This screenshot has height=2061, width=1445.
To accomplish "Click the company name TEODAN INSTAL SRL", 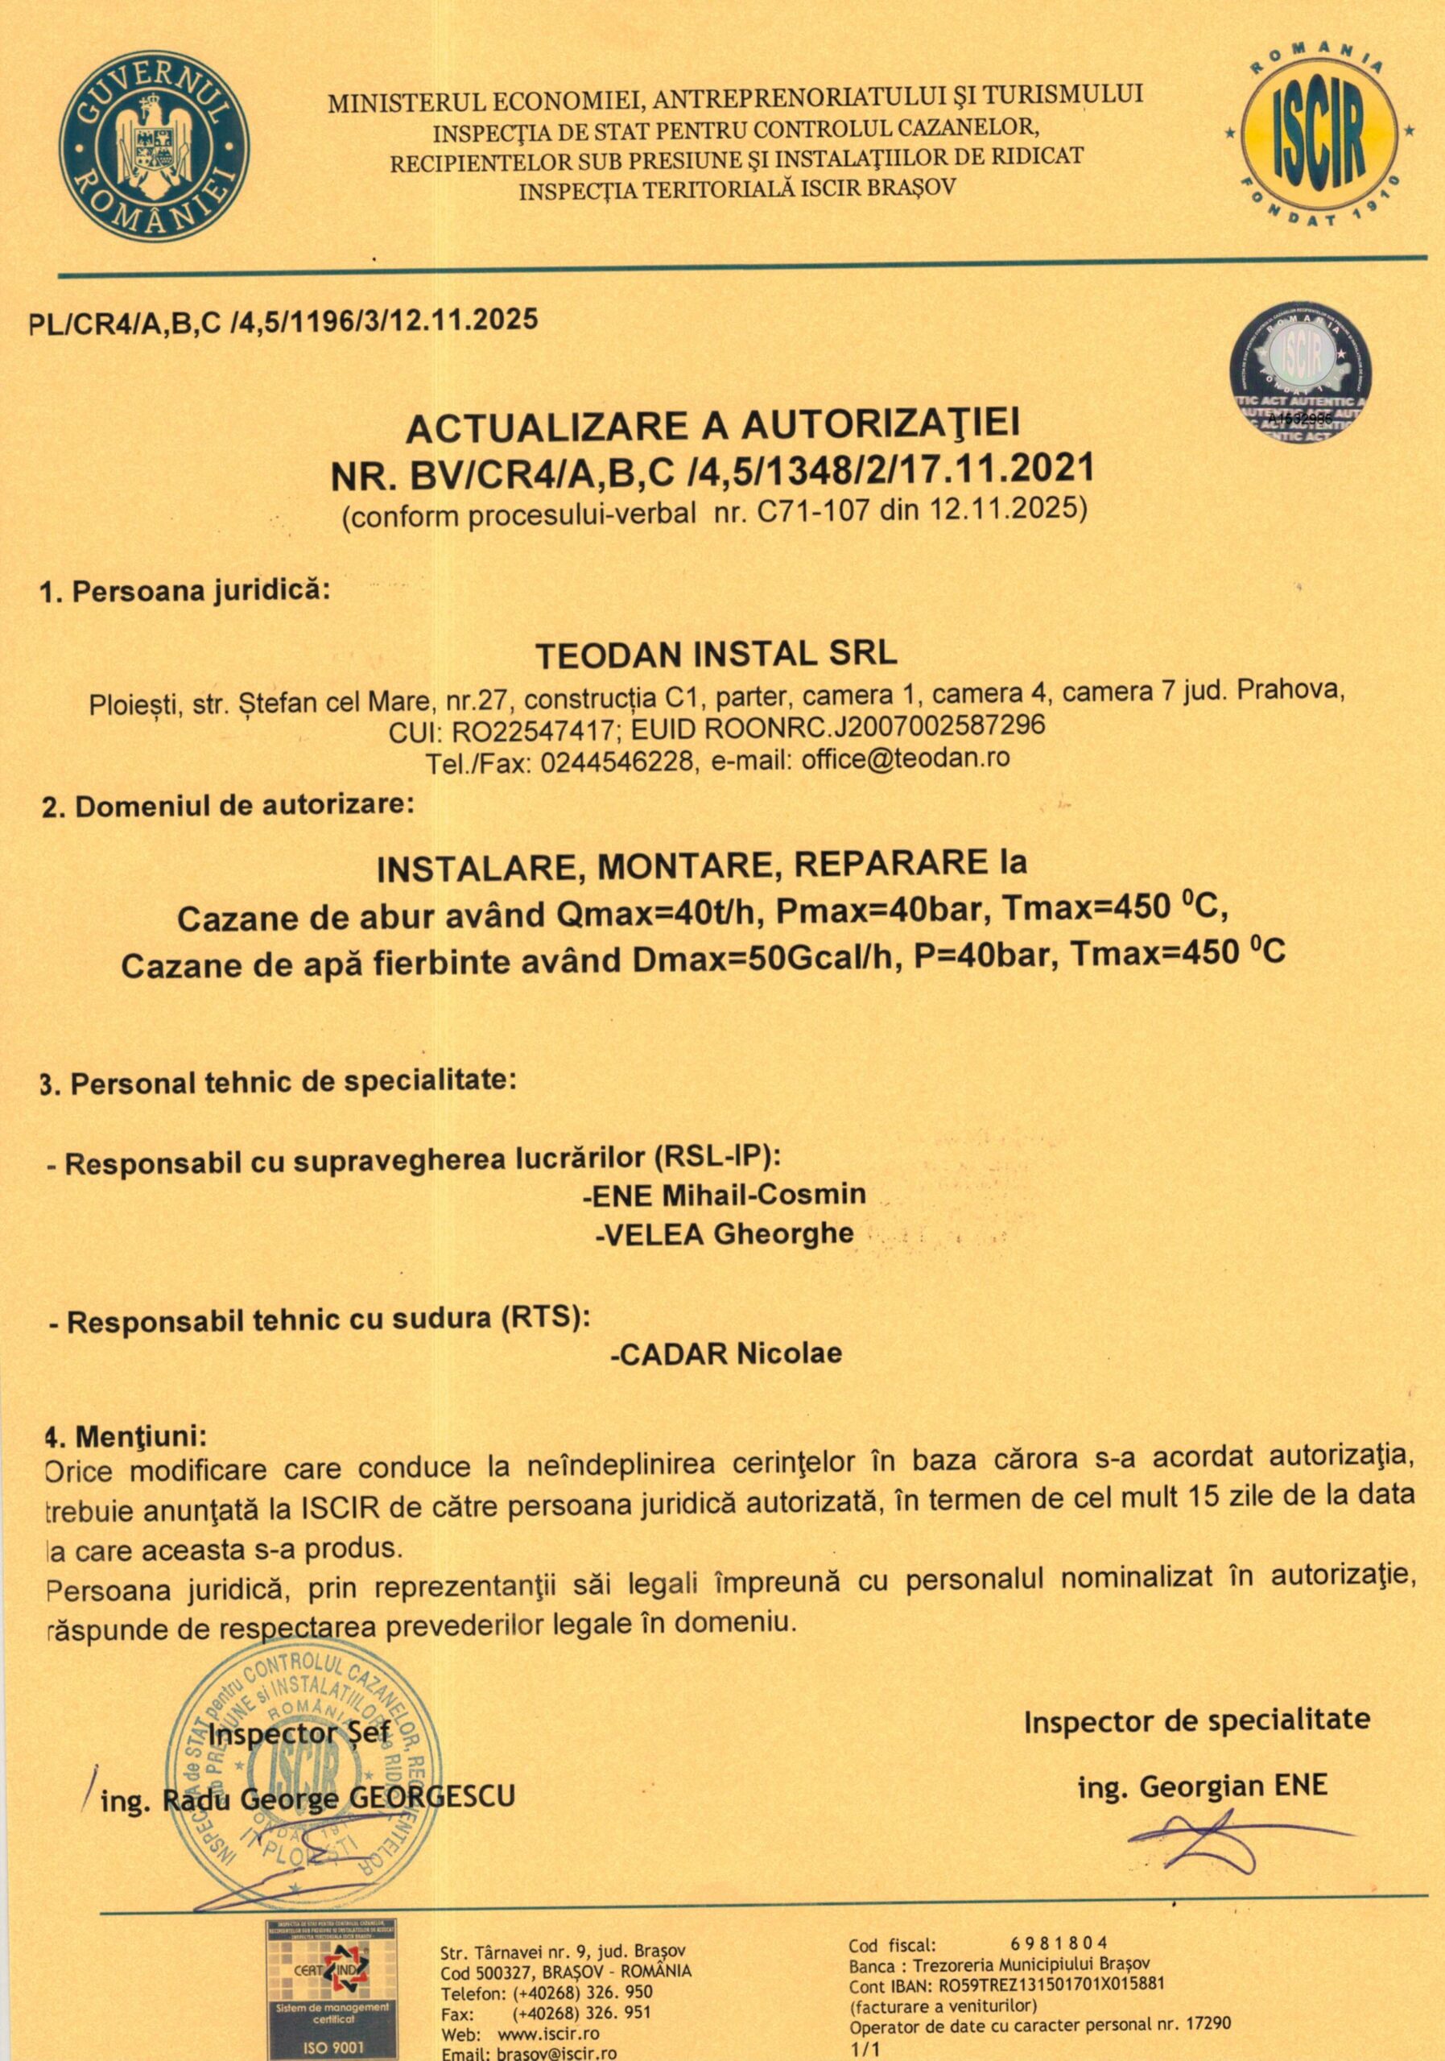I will click(x=716, y=654).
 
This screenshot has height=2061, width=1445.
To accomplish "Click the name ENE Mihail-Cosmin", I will click(x=724, y=1195).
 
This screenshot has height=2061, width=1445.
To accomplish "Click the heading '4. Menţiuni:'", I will click(x=126, y=1435).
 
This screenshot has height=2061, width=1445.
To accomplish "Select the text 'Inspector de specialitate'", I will click(x=1197, y=1720).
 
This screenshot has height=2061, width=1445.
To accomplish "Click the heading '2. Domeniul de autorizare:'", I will click(x=229, y=804).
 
